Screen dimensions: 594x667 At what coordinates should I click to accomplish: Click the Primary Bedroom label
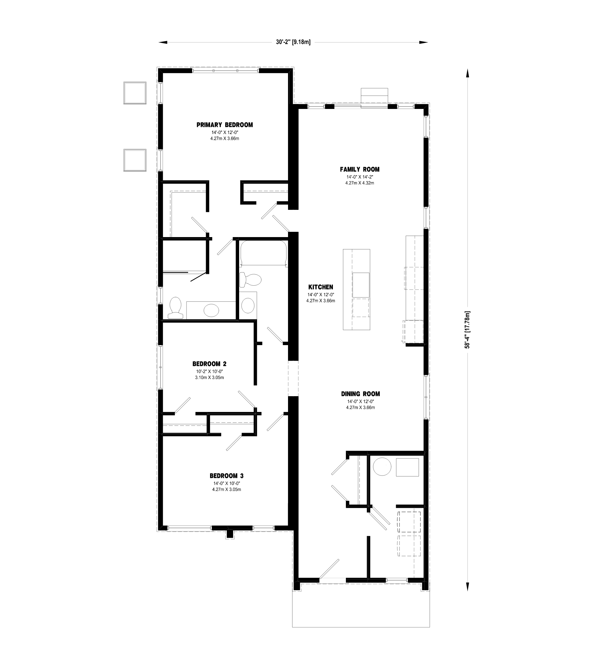coord(225,125)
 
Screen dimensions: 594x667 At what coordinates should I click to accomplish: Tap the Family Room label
coord(360,169)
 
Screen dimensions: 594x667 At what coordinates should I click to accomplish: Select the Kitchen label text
coord(321,287)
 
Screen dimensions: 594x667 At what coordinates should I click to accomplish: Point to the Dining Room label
coord(360,394)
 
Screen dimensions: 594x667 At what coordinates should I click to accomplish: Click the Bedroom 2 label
coord(209,364)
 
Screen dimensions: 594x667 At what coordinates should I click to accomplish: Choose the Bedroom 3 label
coord(226,476)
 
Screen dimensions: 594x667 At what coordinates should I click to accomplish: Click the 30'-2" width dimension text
coord(293,42)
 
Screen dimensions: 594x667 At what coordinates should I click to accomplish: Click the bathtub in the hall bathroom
coord(263,253)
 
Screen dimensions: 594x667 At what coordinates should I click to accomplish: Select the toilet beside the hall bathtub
coord(250,280)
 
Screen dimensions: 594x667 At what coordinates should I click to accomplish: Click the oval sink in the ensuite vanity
coord(211,310)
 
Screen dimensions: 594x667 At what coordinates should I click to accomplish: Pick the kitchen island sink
coord(361,285)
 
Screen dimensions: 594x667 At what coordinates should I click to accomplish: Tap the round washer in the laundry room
coord(382,467)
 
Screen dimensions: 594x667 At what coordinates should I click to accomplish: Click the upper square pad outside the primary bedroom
coord(135,93)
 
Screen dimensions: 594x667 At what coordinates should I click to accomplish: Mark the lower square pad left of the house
coord(135,160)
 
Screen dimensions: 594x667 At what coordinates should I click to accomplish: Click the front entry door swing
coord(329,569)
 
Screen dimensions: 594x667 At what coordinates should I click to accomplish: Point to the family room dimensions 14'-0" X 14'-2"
coord(360,177)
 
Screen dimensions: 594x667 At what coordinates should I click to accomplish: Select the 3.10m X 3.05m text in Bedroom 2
coord(209,377)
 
